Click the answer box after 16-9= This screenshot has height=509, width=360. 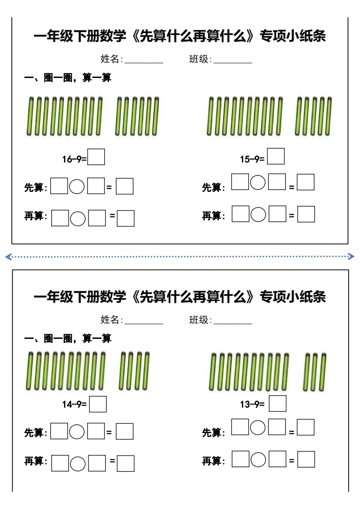click(96, 157)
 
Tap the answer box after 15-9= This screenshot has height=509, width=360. click(276, 156)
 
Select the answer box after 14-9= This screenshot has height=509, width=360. click(98, 404)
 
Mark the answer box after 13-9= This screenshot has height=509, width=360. click(278, 403)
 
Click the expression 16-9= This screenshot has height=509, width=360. click(74, 159)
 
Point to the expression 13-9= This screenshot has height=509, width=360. click(252, 405)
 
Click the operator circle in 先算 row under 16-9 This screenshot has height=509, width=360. click(77, 186)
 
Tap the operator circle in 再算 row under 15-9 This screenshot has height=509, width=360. click(258, 215)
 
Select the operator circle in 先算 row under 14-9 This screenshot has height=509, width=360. click(77, 432)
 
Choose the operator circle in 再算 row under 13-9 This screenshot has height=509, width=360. click(258, 460)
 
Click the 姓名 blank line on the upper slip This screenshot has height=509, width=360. click(144, 63)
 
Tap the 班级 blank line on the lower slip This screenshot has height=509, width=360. click(232, 323)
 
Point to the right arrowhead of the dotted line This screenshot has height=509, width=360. click(351, 256)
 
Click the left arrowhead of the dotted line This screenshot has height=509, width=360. click(9, 257)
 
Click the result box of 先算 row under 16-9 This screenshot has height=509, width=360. click(125, 186)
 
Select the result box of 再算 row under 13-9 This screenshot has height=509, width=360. click(306, 460)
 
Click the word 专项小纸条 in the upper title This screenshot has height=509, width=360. click(293, 36)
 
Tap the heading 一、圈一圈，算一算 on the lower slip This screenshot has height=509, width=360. click(68, 338)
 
